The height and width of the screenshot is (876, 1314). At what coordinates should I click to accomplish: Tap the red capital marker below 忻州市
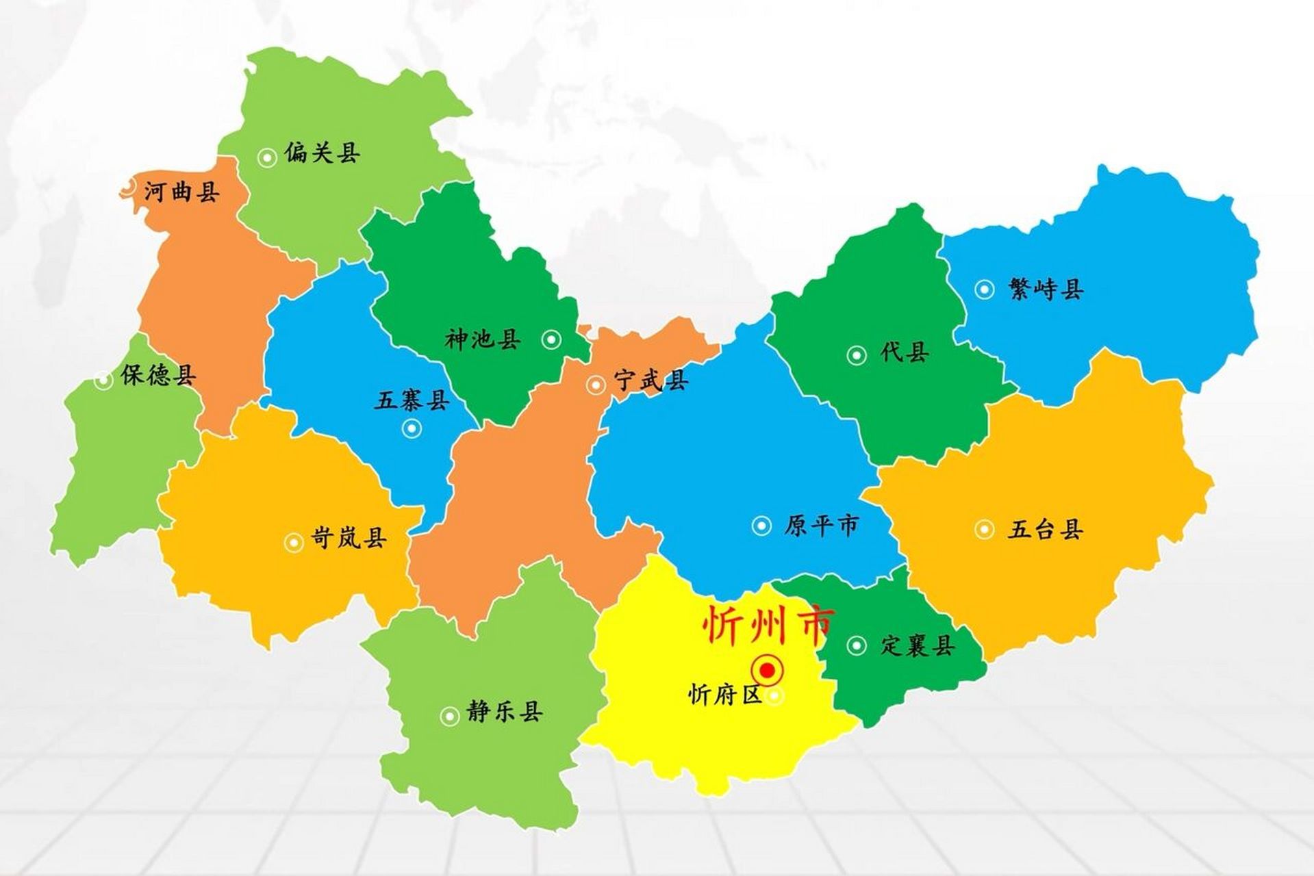click(x=768, y=669)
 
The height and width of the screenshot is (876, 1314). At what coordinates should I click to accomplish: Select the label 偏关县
click(x=322, y=153)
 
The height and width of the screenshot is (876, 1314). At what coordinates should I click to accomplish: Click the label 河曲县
click(x=182, y=192)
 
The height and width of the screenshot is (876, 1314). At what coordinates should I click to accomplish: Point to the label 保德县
click(x=158, y=375)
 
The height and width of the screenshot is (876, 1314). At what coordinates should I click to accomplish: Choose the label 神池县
click(x=483, y=339)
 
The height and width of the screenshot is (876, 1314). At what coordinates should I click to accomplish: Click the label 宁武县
click(x=650, y=381)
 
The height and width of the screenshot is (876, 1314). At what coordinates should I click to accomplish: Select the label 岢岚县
click(x=349, y=539)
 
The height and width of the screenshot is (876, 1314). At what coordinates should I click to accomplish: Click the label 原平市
click(x=821, y=526)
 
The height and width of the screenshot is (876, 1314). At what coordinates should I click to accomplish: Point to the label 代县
click(x=905, y=353)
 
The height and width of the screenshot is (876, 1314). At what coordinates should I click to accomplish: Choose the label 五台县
click(x=1045, y=530)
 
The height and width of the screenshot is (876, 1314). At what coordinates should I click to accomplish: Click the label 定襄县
click(x=918, y=645)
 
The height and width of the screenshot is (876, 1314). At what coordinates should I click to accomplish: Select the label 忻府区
click(x=724, y=696)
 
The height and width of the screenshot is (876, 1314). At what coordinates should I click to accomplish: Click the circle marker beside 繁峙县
click(x=985, y=290)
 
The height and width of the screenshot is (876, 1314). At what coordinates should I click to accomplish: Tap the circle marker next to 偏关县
click(x=266, y=157)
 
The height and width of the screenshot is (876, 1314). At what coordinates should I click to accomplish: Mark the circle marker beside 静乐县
click(x=450, y=716)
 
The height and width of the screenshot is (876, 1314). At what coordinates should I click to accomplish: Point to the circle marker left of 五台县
click(x=985, y=529)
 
